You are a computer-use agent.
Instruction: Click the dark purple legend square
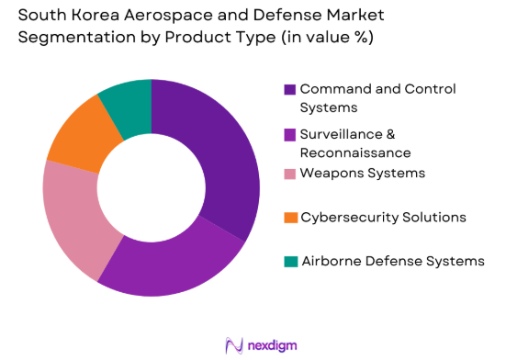tap(290, 90)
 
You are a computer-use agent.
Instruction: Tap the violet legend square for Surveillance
tap(290, 134)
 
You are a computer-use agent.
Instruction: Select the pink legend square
tap(290, 173)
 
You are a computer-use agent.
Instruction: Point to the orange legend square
tap(290, 218)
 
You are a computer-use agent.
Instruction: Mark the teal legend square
tap(290, 262)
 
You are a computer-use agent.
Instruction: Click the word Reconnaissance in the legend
tap(354, 152)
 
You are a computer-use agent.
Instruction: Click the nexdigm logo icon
tap(233, 344)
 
